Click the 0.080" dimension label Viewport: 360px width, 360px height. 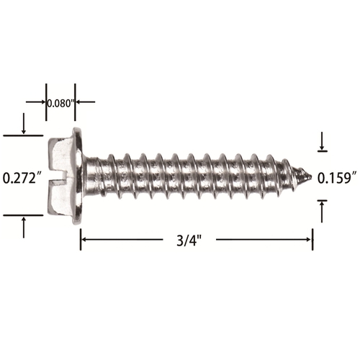[60, 103]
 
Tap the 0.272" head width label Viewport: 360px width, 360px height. [20, 179]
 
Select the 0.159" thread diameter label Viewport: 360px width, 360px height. [336, 179]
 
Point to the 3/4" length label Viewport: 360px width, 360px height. [189, 240]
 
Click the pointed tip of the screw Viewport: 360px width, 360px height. [311, 177]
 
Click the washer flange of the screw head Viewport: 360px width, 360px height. [78, 176]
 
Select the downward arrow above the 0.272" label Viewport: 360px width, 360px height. [24, 123]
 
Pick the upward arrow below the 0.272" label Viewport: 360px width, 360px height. [24, 228]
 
